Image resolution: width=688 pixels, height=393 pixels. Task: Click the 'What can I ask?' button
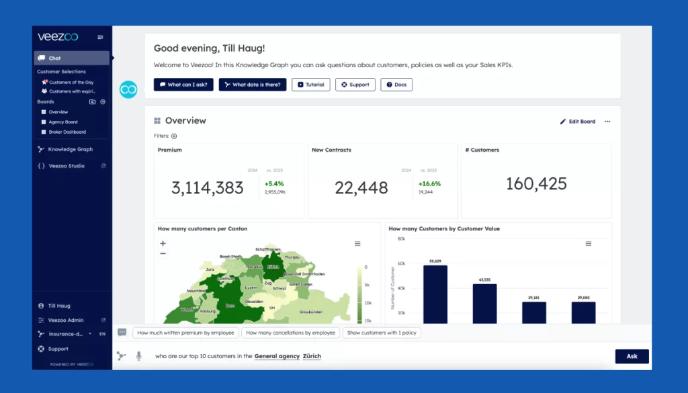[183, 85]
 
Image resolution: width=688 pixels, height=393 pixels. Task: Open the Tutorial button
[310, 85]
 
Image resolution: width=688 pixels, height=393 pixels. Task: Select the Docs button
[396, 85]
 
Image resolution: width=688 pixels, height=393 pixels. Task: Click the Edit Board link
[578, 122]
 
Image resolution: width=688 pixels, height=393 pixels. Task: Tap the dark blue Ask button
[632, 356]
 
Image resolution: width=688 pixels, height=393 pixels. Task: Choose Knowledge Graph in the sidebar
[70, 149]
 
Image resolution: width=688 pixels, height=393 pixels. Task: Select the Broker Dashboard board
[67, 132]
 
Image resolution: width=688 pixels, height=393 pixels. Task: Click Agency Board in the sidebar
[63, 122]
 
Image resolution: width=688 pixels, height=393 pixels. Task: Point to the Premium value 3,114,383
[207, 188]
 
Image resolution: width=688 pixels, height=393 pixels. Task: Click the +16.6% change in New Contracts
[429, 183]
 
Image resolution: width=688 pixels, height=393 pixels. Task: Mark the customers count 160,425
[536, 183]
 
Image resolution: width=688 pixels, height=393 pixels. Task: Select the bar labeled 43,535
[484, 304]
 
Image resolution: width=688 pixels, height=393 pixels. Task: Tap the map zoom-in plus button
[163, 243]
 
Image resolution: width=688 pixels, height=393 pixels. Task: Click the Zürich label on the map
[272, 267]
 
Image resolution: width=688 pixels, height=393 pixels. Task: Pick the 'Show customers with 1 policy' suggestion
[381, 333]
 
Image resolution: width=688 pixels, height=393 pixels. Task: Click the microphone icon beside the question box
[138, 356]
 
